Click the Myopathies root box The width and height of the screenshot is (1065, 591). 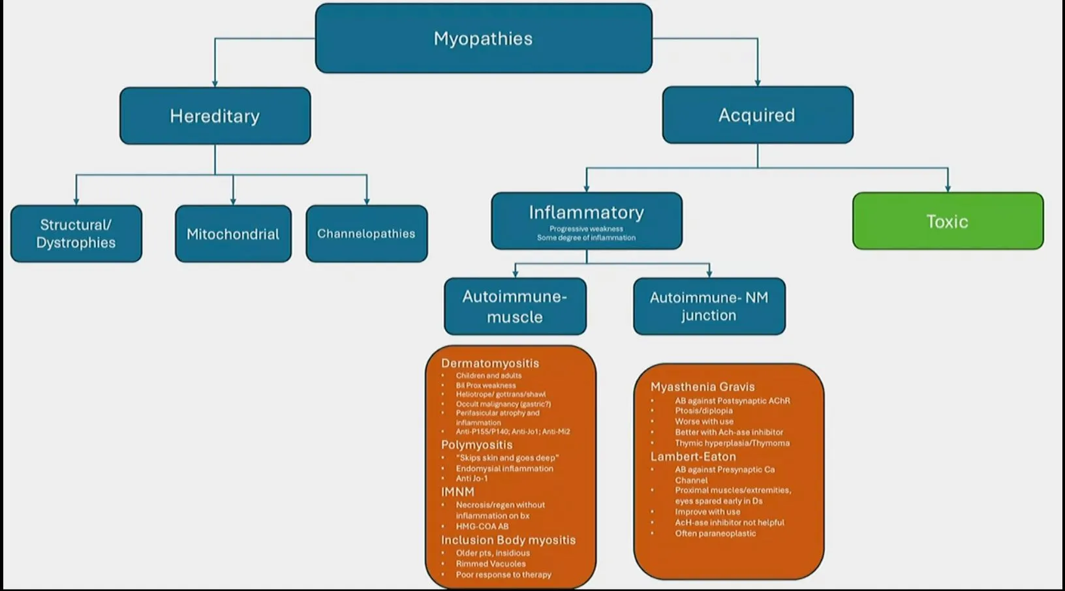pyautogui.click(x=484, y=38)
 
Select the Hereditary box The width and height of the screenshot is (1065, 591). pyautogui.click(x=215, y=116)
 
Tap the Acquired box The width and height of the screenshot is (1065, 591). pyautogui.click(x=757, y=115)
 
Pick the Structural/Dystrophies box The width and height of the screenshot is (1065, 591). pyautogui.click(x=76, y=234)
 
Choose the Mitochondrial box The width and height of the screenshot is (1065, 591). pyautogui.click(x=233, y=234)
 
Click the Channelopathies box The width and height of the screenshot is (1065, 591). pyautogui.click(x=366, y=234)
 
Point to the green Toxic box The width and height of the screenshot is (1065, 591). pyautogui.click(x=948, y=221)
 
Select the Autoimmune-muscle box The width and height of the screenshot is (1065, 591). pyautogui.click(x=515, y=307)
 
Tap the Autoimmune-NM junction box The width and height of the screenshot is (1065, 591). pyautogui.click(x=709, y=307)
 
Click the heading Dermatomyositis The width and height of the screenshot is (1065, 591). pyautogui.click(x=490, y=363)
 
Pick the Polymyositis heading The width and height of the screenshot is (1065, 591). pyautogui.click(x=477, y=445)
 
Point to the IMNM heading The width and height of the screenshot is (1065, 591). pyautogui.click(x=457, y=492)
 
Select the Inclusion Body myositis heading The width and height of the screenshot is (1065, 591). pyautogui.click(x=508, y=540)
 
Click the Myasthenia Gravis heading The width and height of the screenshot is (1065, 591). pyautogui.click(x=702, y=387)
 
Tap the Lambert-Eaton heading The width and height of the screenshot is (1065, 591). pyautogui.click(x=693, y=457)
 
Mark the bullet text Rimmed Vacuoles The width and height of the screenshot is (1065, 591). pyautogui.click(x=491, y=564)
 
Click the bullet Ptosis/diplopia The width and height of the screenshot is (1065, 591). pyautogui.click(x=703, y=411)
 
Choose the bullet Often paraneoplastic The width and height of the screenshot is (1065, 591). pyautogui.click(x=715, y=533)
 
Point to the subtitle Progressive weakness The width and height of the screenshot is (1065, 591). pyautogui.click(x=586, y=229)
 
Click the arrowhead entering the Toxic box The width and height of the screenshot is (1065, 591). pyautogui.click(x=948, y=189)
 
